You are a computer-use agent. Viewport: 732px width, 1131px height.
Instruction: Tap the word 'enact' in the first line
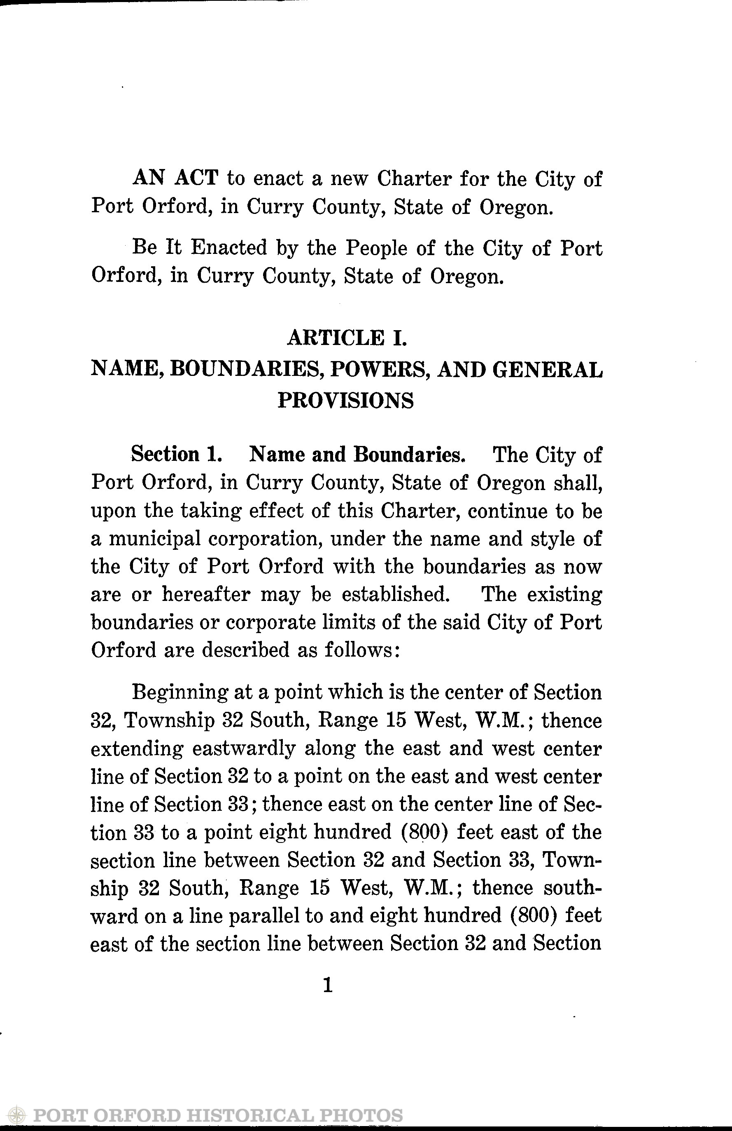point(278,179)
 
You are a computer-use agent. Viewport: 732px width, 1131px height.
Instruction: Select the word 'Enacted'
point(229,248)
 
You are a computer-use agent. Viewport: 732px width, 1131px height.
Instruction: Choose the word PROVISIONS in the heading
point(345,400)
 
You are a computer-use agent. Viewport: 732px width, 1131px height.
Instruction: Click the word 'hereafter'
point(205,594)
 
